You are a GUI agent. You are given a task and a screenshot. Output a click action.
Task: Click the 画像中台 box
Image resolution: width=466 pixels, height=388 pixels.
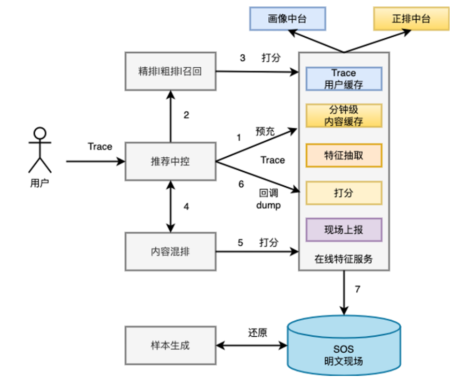[x=288, y=19]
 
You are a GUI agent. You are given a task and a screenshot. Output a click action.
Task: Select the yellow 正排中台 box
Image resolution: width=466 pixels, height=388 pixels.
[x=411, y=19]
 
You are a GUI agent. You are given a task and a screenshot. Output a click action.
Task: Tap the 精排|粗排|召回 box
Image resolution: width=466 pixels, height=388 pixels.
[x=170, y=72]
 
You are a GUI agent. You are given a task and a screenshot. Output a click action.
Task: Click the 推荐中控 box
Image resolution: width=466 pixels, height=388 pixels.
[x=170, y=162]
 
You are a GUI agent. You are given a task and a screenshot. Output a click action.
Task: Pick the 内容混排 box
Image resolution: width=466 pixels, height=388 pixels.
[x=170, y=252]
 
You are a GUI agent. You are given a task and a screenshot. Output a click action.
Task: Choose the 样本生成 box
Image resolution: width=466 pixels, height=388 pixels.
[x=170, y=345]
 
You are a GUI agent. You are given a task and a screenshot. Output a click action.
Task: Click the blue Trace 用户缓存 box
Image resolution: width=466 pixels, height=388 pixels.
[x=344, y=79]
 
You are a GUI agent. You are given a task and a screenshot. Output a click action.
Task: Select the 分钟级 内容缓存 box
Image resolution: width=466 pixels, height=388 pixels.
[x=344, y=116]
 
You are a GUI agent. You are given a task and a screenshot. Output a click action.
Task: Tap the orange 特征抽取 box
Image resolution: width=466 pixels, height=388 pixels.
[x=344, y=155]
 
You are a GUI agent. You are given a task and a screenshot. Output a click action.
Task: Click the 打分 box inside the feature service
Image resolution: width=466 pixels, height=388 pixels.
[x=344, y=193]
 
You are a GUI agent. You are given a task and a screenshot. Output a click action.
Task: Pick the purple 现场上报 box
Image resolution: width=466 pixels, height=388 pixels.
[x=344, y=230]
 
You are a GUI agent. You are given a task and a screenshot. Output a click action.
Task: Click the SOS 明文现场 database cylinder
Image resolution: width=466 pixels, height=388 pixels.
[x=344, y=347]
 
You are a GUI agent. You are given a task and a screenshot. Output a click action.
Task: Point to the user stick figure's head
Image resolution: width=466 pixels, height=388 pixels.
[x=40, y=133]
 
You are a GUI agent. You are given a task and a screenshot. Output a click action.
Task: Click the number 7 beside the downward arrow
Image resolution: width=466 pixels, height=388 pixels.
[x=358, y=289]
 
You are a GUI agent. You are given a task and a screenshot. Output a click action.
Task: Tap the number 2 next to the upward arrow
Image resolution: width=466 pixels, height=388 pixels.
[x=186, y=115]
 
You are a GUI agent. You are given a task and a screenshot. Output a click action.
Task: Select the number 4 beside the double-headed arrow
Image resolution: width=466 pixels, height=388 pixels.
[x=186, y=207]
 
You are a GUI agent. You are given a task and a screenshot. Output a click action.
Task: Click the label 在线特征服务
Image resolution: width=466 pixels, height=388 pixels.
[x=344, y=259]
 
